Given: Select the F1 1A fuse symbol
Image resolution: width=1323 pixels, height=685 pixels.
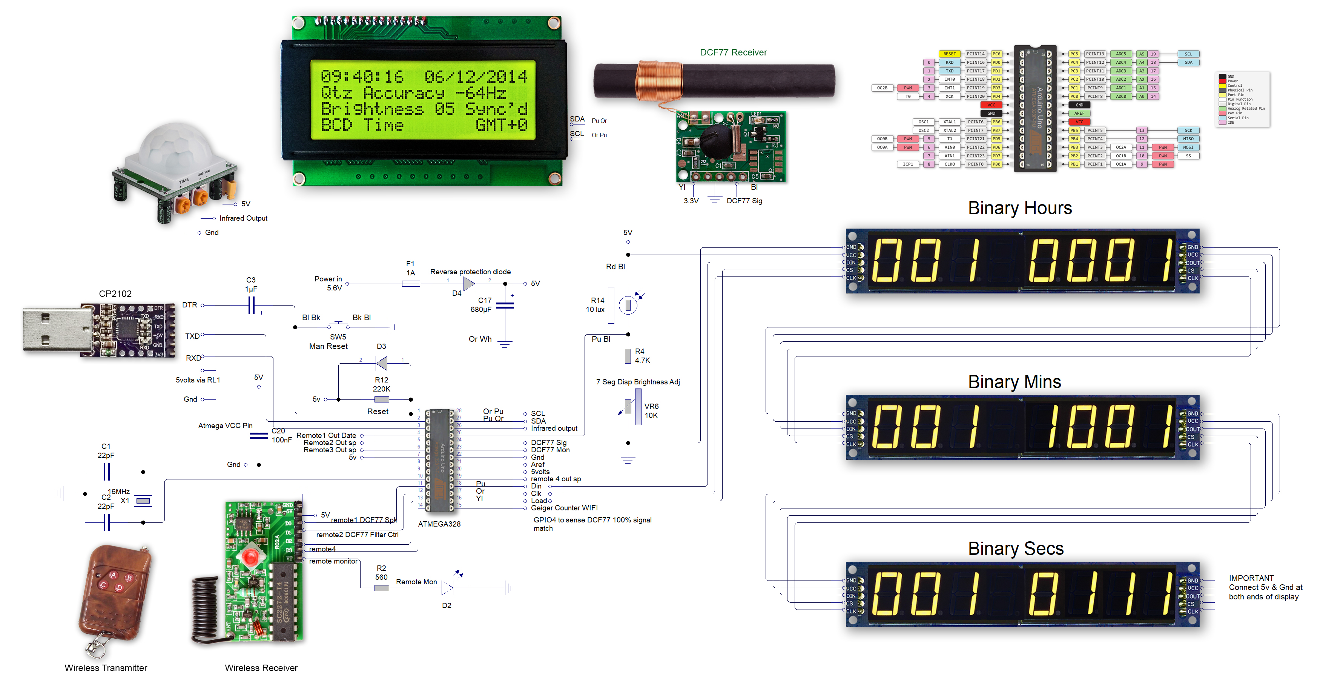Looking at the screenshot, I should click(410, 283).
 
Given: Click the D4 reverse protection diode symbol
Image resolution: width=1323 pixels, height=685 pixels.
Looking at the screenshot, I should click(468, 283).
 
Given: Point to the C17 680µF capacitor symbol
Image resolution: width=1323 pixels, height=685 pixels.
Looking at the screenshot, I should click(505, 306).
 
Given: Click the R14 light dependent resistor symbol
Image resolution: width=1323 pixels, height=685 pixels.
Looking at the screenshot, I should click(628, 306).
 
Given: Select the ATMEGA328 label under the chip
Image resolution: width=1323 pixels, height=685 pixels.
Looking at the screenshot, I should click(439, 524).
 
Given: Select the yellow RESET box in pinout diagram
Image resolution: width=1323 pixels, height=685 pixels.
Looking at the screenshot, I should click(949, 54).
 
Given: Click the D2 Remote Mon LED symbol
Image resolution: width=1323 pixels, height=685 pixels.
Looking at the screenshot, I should click(447, 588).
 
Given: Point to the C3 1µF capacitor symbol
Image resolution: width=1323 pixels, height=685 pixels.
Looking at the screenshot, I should click(251, 306).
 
